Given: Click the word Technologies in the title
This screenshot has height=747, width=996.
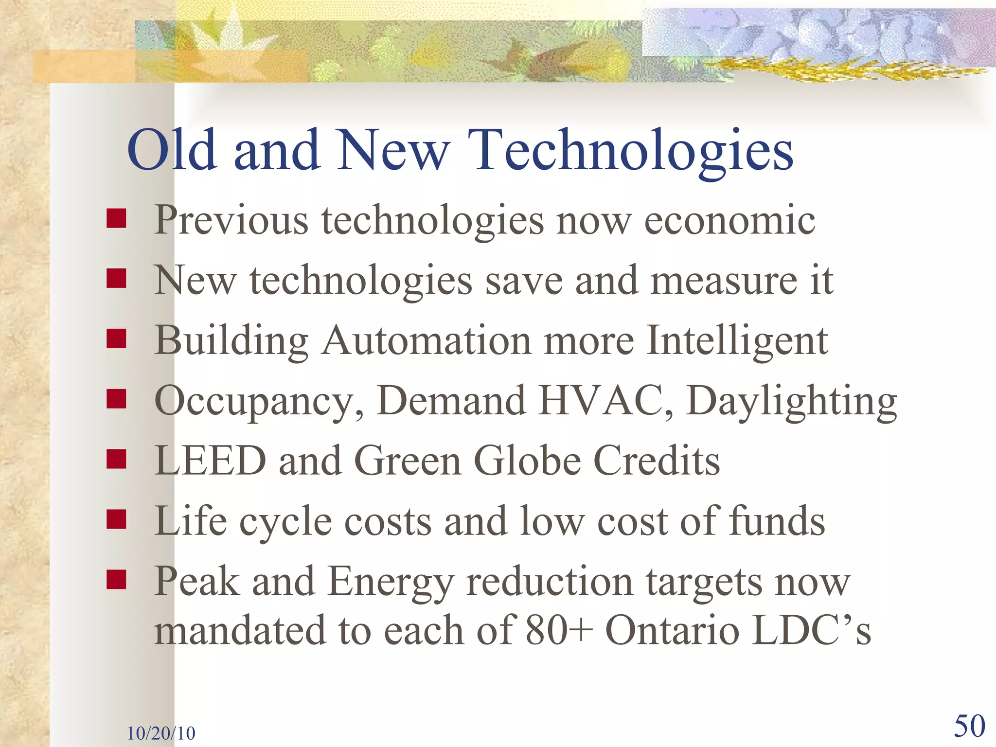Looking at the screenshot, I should tap(630, 151).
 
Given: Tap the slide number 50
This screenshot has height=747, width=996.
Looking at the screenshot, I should tap(969, 727).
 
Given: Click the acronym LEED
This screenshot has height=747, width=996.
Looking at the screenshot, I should tap(210, 461).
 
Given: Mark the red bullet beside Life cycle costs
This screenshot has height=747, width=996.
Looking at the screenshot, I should tap(117, 519).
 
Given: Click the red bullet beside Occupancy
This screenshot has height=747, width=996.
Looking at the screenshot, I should tap(117, 399).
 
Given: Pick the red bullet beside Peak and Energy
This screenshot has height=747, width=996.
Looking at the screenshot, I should tap(117, 580).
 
